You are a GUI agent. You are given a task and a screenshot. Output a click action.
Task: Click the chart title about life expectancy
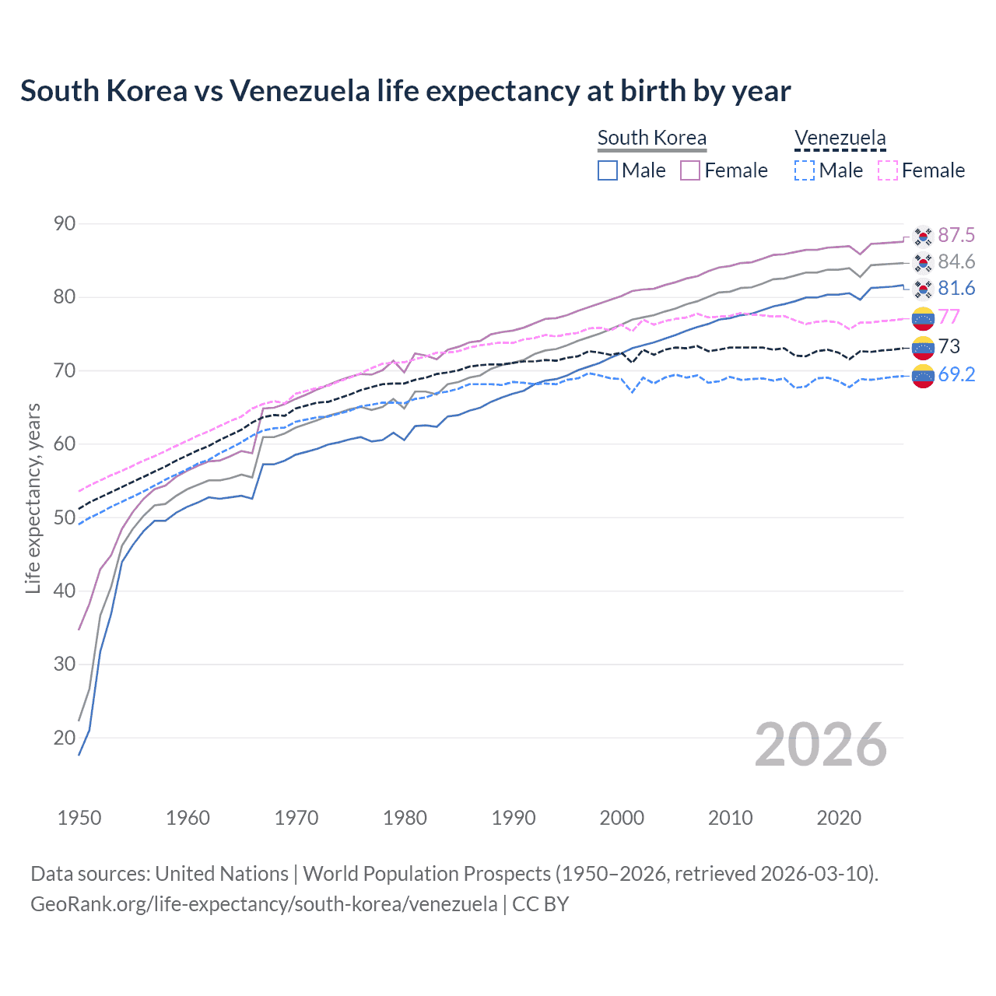coord(405,91)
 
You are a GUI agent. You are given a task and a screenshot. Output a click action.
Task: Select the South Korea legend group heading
coord(652,139)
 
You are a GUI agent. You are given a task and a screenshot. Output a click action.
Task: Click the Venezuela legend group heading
coord(840,139)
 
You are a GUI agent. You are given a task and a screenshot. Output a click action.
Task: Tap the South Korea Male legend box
coord(608,170)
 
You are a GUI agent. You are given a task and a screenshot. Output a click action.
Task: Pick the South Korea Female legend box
coord(690,170)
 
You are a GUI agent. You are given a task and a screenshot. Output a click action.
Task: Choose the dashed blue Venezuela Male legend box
coord(805,170)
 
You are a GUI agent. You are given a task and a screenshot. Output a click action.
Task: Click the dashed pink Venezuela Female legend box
coord(888,170)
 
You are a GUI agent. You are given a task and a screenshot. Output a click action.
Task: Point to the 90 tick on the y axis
coord(65,224)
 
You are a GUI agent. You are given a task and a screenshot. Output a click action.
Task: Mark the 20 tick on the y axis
coord(65,738)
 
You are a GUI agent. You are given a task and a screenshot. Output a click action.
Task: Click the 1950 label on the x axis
coord(79,818)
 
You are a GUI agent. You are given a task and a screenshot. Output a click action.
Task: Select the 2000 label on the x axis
coord(622,818)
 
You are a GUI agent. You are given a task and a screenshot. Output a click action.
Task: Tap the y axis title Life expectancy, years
coord(33,498)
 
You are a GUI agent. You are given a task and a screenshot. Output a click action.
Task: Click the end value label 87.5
coord(956,235)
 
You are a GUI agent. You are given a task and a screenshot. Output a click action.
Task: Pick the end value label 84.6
coord(956,261)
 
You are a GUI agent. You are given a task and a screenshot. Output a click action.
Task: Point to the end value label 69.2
coord(956,374)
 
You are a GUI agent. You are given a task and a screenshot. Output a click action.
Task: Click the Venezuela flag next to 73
coord(923,347)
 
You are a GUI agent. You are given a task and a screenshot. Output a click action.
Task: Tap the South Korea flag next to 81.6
coord(923,289)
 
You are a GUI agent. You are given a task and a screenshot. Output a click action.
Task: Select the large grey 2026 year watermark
coord(821,745)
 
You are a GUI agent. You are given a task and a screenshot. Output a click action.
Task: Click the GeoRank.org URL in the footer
coord(264,904)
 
